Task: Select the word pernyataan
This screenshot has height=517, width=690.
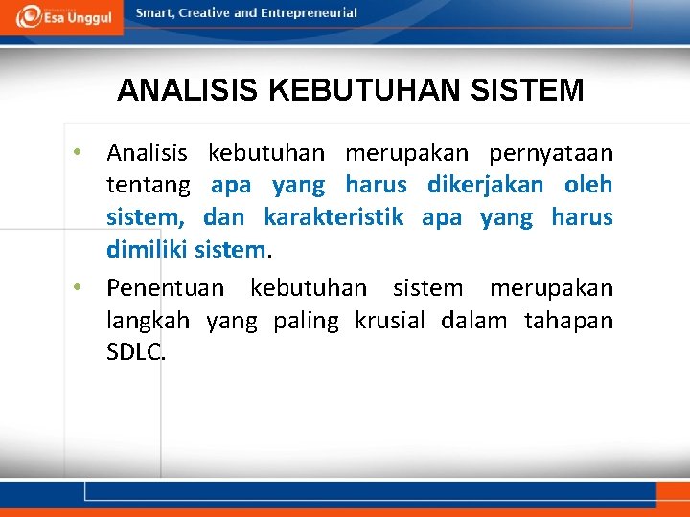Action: pyautogui.click(x=551, y=153)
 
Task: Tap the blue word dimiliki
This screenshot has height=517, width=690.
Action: pyautogui.click(x=148, y=250)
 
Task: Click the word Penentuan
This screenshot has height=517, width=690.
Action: pyautogui.click(x=166, y=288)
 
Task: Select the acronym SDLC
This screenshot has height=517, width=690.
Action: pyautogui.click(x=136, y=352)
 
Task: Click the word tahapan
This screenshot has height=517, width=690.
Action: pyautogui.click(x=568, y=321)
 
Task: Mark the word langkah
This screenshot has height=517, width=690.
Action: pyautogui.click(x=148, y=321)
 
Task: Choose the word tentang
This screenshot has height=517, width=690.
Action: pyautogui.click(x=149, y=185)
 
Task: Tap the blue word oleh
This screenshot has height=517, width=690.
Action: pyautogui.click(x=588, y=185)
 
